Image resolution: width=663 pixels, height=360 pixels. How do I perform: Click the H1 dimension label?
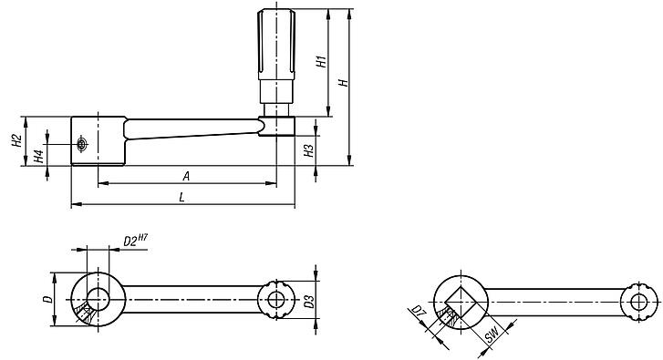[x=322, y=61]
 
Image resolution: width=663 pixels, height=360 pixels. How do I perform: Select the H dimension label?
[x=344, y=81]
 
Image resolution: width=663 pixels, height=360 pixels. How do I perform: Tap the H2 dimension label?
[x=16, y=140]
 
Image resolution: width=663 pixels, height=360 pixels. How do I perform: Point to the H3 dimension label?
[x=309, y=151]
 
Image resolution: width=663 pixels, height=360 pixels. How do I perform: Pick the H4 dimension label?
[x=38, y=157]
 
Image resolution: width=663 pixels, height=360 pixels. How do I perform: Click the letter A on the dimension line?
[x=186, y=176]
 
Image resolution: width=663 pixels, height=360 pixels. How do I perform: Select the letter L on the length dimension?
[x=181, y=197]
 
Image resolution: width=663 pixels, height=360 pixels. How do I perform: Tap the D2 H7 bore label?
[x=135, y=241]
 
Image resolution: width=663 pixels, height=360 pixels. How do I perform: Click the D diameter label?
[x=48, y=299]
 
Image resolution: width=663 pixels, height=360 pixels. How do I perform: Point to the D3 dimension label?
[x=310, y=302]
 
